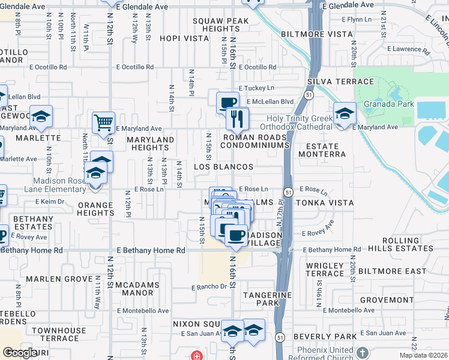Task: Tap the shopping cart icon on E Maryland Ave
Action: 103,122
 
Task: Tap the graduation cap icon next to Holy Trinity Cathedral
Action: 345,113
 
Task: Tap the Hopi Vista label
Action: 184,38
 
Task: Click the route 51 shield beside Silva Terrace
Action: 309,95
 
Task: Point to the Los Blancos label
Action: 223,166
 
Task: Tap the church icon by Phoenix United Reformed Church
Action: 361,352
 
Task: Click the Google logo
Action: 19,353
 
